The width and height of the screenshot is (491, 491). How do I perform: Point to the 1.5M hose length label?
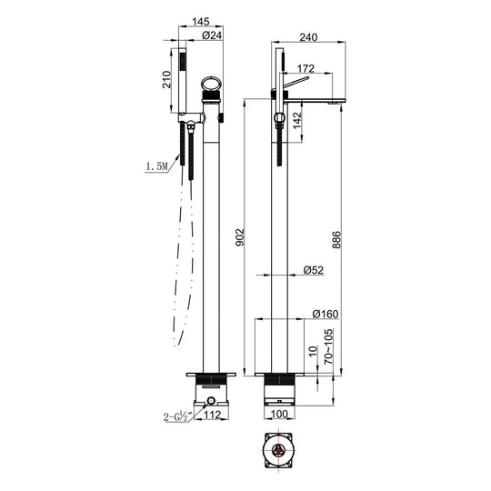coord(156,166)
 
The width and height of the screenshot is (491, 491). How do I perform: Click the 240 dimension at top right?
coord(309,37)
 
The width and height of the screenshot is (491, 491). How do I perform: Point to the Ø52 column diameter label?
coord(313,269)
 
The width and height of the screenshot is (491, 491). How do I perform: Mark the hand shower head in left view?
coord(185,76)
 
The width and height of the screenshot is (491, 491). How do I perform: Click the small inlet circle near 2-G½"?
coord(210,400)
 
